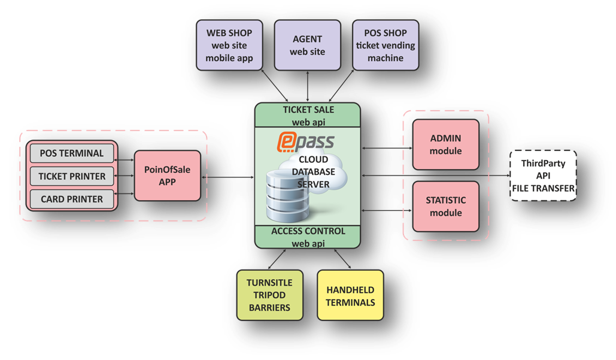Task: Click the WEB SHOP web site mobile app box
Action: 229,46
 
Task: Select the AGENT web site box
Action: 307,46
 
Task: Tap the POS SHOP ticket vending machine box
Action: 386,46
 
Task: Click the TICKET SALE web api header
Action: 308,115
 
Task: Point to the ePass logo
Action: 305,142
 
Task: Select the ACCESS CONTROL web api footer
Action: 308,237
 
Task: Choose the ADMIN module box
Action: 446,145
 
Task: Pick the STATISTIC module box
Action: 446,207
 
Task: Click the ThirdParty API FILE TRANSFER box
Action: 543,176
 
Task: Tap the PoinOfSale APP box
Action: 167,176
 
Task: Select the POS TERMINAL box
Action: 72,153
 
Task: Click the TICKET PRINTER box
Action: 72,176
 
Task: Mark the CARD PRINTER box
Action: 72,199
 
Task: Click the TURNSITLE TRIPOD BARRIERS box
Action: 270,295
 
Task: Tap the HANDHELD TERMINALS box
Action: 350,295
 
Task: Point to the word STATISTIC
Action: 446,200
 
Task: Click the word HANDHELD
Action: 350,289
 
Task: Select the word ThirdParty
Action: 543,163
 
